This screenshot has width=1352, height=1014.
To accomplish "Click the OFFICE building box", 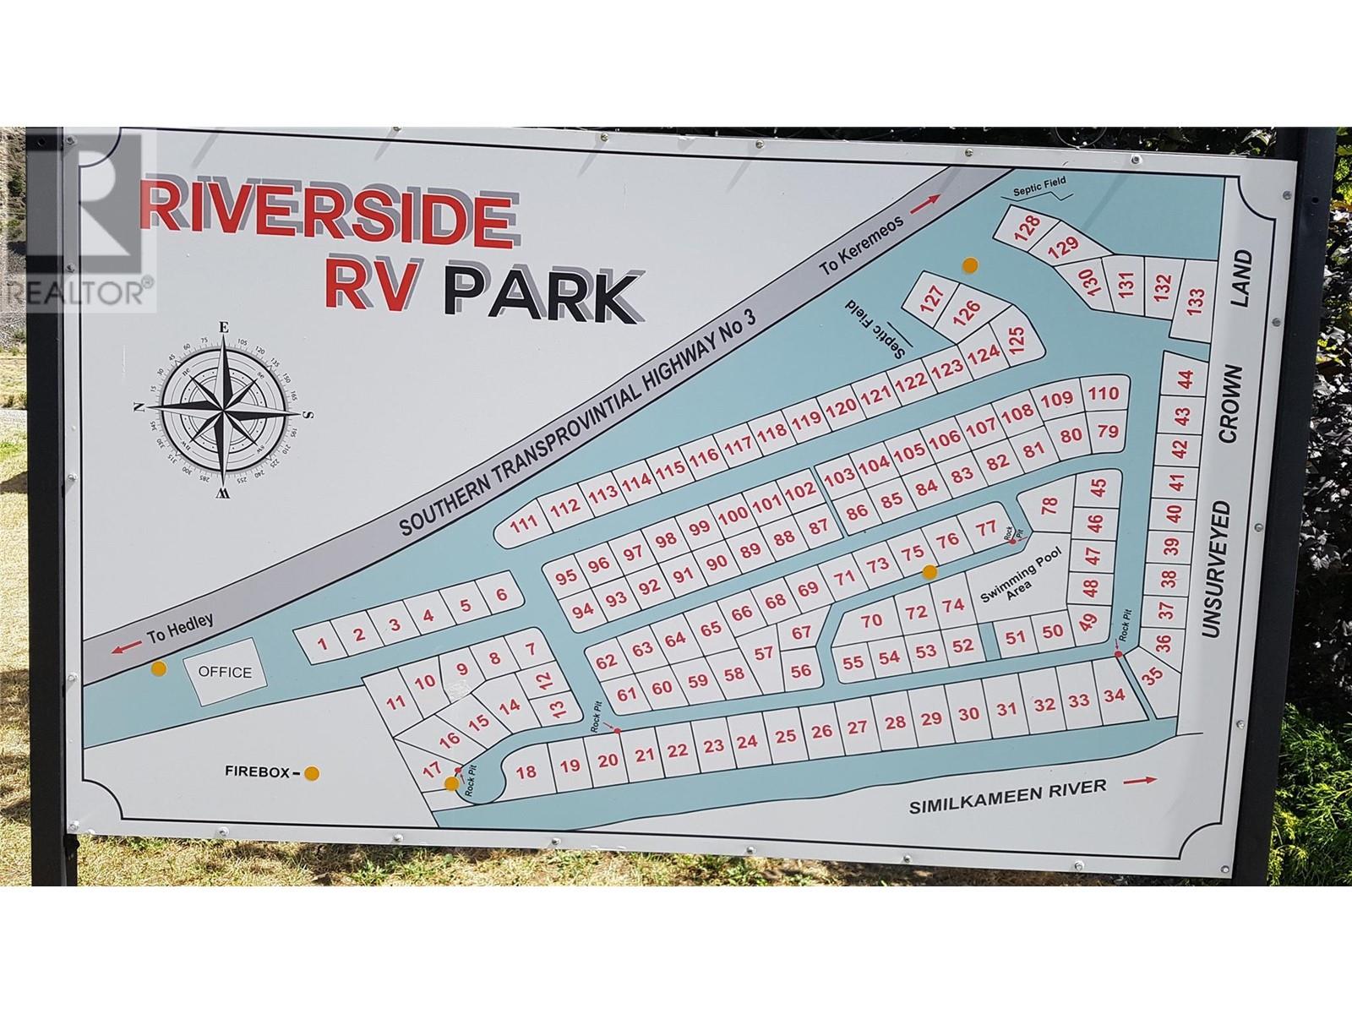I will [x=225, y=673].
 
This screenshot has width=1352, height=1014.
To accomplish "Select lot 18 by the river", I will [x=526, y=771].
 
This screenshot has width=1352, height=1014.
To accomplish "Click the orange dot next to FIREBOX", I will [x=312, y=772].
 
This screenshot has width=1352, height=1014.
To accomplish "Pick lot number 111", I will [x=524, y=524].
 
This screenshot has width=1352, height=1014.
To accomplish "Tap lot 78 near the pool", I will [x=1049, y=506].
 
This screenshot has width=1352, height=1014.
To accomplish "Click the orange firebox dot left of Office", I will [x=157, y=669].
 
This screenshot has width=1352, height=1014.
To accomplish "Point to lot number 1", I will [x=322, y=644].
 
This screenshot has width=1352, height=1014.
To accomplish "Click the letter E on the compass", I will [x=224, y=327].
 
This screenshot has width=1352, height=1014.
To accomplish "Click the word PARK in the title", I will [x=542, y=295].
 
